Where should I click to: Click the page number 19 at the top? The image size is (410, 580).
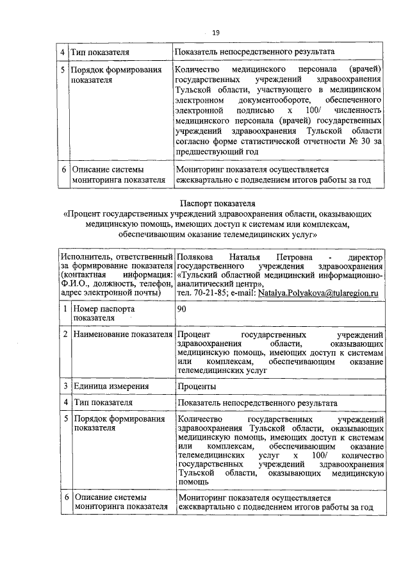[x=215, y=33]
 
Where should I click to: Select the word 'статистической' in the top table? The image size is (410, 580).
[x=270, y=142]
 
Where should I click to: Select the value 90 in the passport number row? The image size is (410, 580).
[x=183, y=309]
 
